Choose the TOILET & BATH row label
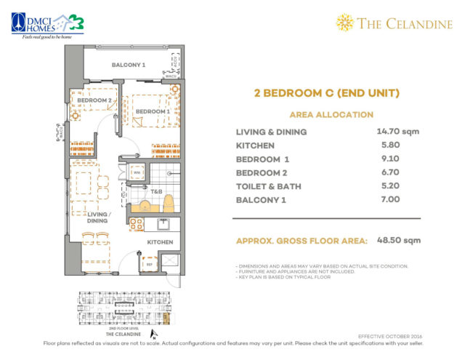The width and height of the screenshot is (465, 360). click(270, 186)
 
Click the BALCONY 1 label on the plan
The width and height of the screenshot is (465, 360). click(128, 65)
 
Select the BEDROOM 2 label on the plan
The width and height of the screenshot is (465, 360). click(94, 100)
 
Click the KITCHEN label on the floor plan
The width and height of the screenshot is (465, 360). click(159, 241)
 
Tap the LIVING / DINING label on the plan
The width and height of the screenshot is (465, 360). click(98, 218)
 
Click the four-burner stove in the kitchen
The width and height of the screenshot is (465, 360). click(136, 225)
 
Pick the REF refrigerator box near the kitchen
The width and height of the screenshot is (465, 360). click(150, 264)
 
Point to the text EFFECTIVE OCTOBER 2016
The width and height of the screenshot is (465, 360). click(390, 336)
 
